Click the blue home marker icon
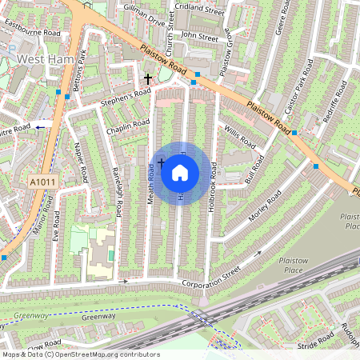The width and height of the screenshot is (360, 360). (x=180, y=172)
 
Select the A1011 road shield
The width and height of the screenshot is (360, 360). (x=43, y=183)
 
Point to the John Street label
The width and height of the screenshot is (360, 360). (x=199, y=36)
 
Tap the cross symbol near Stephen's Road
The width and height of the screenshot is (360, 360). (x=147, y=78)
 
